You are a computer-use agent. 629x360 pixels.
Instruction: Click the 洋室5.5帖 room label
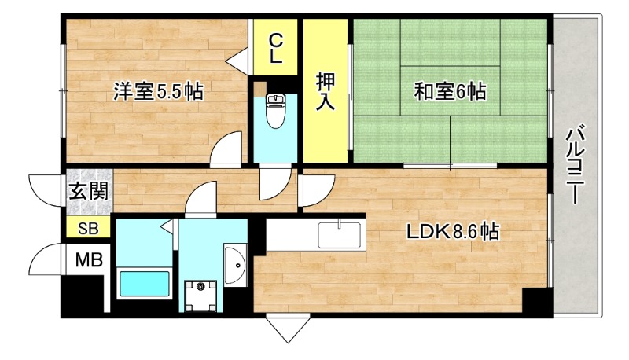tap(158, 92)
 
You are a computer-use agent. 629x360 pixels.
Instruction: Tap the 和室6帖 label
tap(451, 92)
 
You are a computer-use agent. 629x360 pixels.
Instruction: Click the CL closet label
tap(276, 47)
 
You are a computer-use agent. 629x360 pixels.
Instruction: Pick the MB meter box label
tap(87, 259)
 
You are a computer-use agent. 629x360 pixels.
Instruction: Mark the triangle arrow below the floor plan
tap(285, 328)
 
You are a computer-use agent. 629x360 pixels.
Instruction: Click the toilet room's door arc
tap(274, 183)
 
